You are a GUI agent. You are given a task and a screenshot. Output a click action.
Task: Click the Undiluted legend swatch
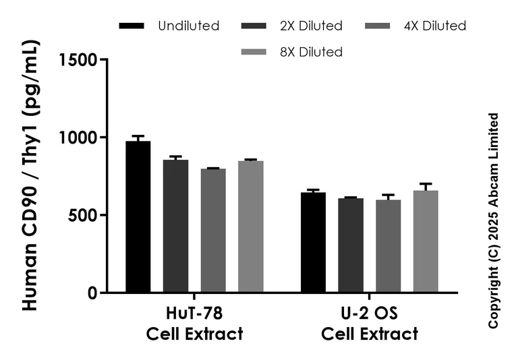click(x=132, y=26)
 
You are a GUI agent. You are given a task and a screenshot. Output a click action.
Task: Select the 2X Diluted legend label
click(x=312, y=26)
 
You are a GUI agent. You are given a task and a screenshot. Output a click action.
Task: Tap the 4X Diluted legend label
click(x=435, y=26)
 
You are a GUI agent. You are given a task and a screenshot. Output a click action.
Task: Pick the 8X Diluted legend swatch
click(x=255, y=52)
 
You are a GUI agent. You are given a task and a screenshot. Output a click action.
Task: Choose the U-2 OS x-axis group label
click(x=369, y=324)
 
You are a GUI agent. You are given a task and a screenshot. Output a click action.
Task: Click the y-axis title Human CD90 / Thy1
click(x=30, y=175)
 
